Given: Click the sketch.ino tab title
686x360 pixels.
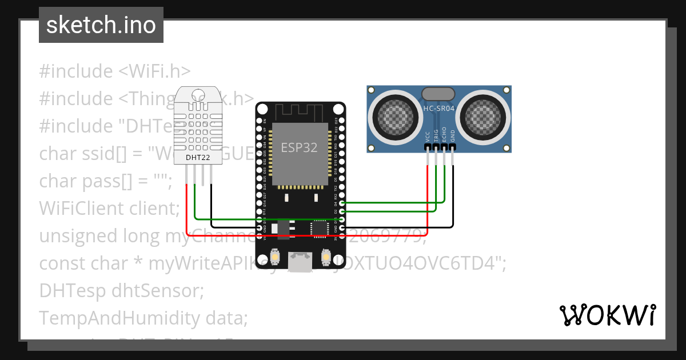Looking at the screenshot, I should click(101, 25).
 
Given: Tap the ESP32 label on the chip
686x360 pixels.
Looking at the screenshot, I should click(299, 147).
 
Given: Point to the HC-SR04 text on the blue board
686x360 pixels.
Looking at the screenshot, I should click(438, 107).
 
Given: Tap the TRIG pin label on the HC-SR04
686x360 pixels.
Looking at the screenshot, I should click(436, 135).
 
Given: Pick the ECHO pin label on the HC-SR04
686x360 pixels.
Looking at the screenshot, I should click(444, 135).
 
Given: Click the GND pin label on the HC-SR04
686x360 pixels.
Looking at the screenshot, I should click(453, 136).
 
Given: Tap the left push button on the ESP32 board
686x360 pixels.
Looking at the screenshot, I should click(276, 258).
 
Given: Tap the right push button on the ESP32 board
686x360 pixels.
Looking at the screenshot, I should click(325, 258).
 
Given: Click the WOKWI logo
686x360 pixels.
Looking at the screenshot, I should click(607, 314).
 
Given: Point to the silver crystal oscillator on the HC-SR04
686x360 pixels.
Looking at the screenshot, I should click(438, 94).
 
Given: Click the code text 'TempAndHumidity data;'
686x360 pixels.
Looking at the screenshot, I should click(143, 318).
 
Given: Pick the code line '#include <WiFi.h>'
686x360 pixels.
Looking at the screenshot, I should click(114, 71).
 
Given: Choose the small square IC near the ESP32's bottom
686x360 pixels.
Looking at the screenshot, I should click(319, 229).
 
